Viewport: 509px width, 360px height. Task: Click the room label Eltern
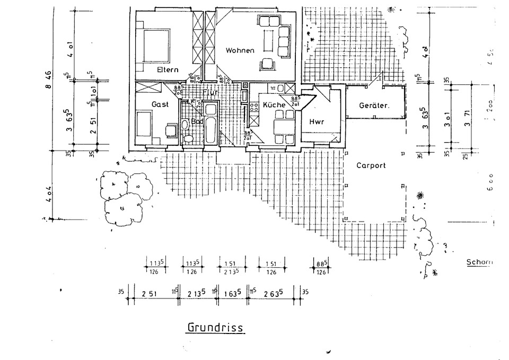(168, 69)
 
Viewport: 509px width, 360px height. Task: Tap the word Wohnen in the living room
(240, 50)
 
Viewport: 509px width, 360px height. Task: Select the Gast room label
(160, 104)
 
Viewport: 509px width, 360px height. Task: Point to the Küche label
(274, 105)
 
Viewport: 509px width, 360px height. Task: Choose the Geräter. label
(374, 106)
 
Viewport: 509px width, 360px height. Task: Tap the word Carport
(371, 165)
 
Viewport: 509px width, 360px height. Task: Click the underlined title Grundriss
(215, 327)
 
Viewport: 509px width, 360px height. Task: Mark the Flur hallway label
(210, 92)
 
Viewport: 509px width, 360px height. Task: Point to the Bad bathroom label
(197, 121)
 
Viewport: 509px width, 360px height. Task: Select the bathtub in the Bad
(210, 124)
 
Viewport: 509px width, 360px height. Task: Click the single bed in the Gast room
(144, 123)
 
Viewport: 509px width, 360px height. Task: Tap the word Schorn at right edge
(479, 262)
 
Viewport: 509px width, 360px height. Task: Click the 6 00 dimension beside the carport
(490, 182)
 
